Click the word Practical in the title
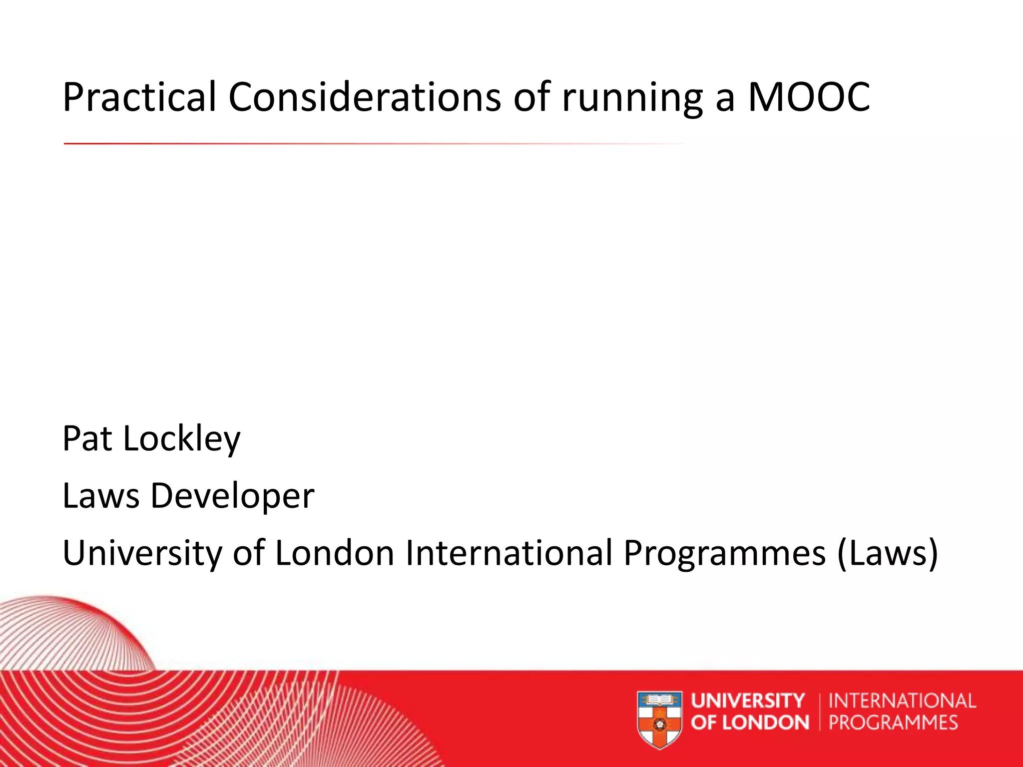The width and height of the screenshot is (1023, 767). click(139, 97)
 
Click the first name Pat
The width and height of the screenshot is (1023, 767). click(87, 438)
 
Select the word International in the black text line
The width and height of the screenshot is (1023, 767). click(509, 553)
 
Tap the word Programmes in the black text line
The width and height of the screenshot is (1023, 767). click(724, 553)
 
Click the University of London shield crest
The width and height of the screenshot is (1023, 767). click(660, 719)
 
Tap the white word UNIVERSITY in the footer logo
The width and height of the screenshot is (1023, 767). click(748, 701)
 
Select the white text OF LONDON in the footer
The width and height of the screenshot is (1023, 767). click(750, 723)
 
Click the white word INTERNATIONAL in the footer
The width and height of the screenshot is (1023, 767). click(902, 701)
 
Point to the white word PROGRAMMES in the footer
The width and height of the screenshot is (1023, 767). click(894, 723)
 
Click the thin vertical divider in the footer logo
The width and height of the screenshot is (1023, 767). click(820, 712)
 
